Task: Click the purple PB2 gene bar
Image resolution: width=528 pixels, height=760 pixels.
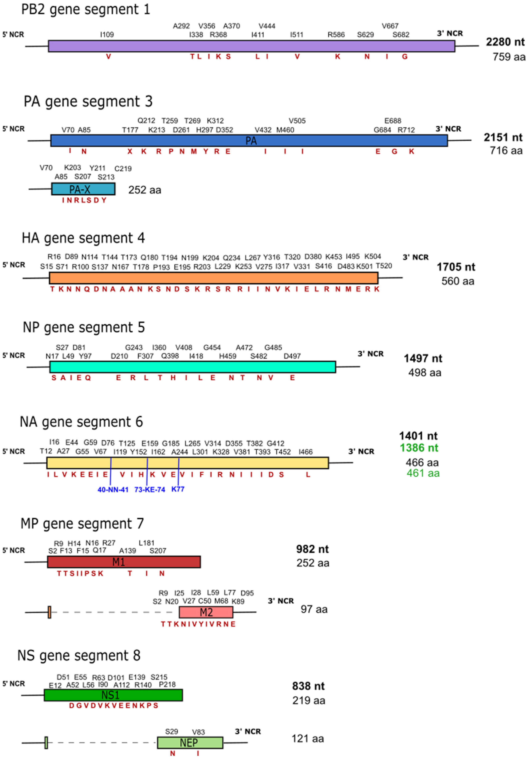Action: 251,46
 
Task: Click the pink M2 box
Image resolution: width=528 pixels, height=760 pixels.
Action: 206,612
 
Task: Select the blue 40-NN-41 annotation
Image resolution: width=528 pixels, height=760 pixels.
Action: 113,490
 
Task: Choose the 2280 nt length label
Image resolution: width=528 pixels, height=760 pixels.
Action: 505,42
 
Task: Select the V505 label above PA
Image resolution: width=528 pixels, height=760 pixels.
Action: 297,121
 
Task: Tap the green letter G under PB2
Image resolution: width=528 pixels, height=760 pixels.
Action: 405,56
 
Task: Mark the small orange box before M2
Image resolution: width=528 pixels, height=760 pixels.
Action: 49,612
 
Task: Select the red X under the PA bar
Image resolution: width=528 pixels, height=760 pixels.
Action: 130,151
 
